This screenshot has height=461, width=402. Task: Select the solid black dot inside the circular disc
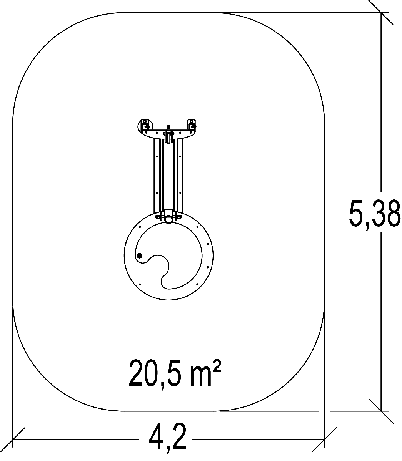point(140,255)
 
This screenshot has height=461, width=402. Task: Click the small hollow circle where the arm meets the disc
point(168,219)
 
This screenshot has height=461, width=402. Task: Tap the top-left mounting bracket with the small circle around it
point(145,126)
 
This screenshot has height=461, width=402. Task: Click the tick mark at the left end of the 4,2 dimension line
point(13,439)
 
